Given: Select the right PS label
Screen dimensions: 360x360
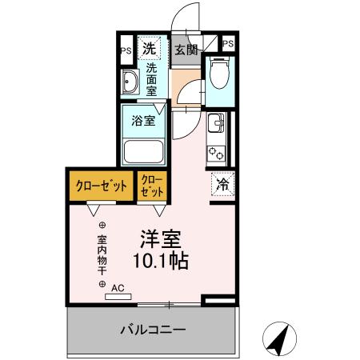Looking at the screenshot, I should pos(228,44).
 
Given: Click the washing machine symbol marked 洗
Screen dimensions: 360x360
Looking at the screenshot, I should pos(149,48).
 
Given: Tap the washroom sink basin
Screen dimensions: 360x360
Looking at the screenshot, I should pos(130,81).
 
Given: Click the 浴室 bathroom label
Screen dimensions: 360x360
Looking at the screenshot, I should pos(143,122).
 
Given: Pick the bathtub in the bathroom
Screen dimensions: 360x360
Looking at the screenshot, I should pos(143,150).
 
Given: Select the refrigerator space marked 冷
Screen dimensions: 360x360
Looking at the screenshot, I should pos(222,184).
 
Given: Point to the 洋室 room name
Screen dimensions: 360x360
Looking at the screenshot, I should pos(161,238).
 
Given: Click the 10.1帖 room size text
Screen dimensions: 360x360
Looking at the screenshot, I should pos(161,261).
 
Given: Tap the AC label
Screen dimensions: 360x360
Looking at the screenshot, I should pos(117,286).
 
